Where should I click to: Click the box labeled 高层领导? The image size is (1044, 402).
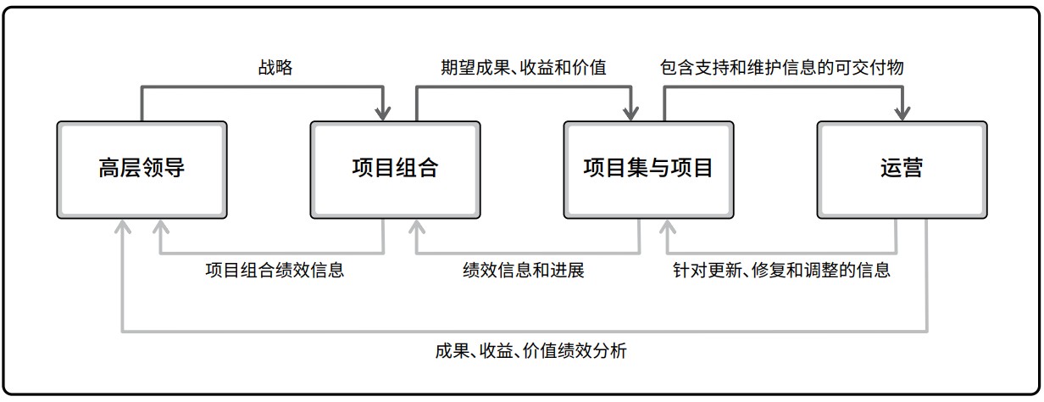tap(142, 170)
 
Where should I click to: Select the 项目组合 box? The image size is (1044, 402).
tap(395, 170)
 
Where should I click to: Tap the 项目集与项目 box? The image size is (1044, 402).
tap(649, 170)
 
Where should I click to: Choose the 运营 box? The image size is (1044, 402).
tap(902, 170)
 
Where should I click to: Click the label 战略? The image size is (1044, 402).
tap(275, 68)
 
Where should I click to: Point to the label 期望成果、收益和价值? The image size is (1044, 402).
tap(524, 68)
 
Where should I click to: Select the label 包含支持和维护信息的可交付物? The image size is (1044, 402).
tap(781, 68)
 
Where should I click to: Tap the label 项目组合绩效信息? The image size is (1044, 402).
tap(275, 270)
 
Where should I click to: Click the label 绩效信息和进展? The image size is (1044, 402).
tap(524, 270)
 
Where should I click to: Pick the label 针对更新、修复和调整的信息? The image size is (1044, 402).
tap(781, 270)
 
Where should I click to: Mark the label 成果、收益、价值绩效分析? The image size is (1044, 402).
tap(530, 351)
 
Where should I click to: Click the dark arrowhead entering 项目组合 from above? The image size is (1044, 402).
tap(383, 114)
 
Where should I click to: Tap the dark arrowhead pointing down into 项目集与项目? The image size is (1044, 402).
tap(630, 114)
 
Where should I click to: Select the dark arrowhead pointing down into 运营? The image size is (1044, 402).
tap(902, 114)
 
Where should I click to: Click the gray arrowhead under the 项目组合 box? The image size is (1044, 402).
tap(417, 226)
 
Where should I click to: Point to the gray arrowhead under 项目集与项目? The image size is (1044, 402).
tap(668, 226)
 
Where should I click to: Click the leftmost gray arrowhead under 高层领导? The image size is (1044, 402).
tap(123, 226)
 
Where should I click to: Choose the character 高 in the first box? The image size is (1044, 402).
tap(109, 168)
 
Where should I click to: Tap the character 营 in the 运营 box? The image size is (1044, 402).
tap(913, 168)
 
